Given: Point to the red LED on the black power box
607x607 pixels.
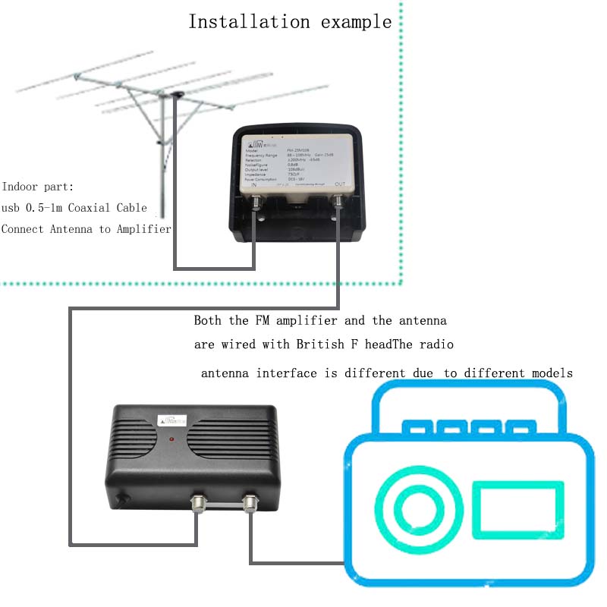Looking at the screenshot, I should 173,439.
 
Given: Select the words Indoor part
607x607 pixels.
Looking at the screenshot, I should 38,186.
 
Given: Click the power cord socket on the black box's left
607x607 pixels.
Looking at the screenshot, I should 121,501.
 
